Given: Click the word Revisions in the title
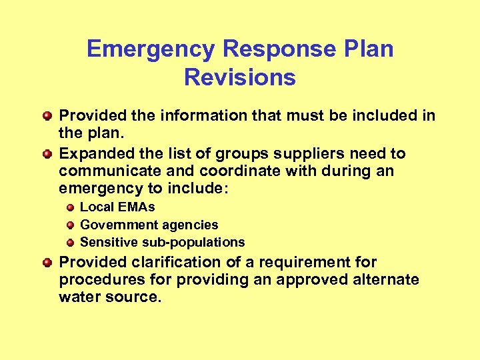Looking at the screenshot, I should [x=240, y=78].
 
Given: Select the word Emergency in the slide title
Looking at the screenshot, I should [x=151, y=49].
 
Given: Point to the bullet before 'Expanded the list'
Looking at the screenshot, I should [x=47, y=154].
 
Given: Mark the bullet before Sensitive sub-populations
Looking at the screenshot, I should [x=69, y=243].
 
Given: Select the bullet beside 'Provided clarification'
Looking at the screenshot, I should [x=47, y=263].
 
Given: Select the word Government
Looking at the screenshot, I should [x=111, y=225].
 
